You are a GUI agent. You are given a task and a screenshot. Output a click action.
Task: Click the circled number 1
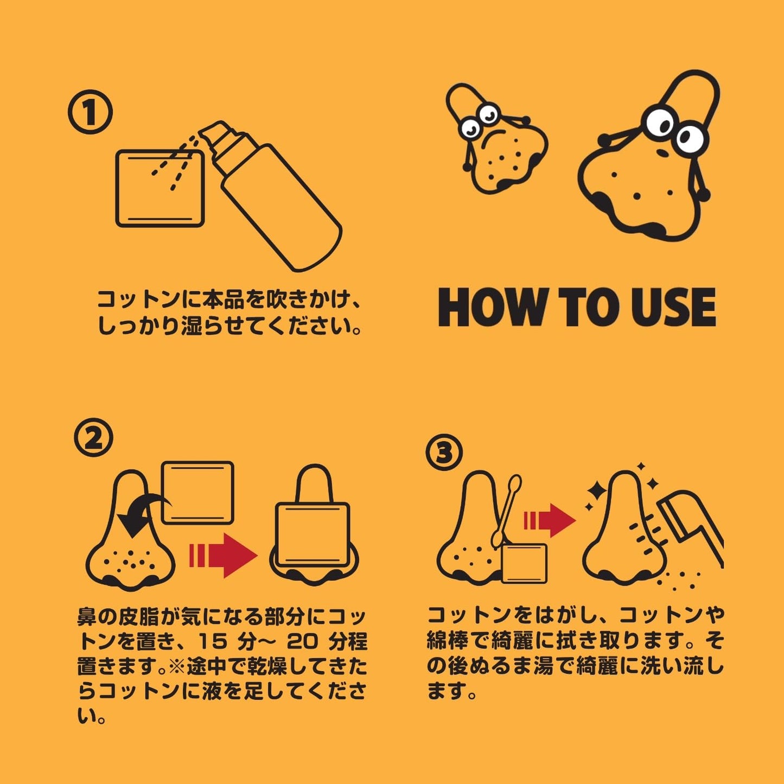coord(90,112)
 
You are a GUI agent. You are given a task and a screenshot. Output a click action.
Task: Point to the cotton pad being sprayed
coord(160,188)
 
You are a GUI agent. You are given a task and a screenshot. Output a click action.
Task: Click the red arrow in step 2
coord(224,556)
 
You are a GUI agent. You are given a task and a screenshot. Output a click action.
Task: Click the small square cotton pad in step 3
coord(525,564)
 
